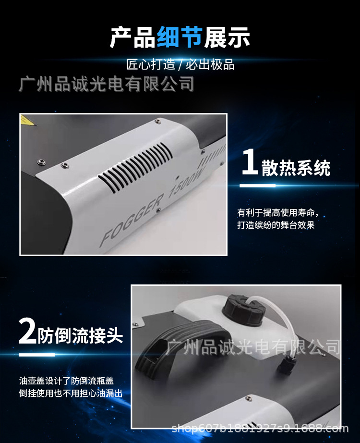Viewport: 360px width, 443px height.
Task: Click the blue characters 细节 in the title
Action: (x=180, y=37)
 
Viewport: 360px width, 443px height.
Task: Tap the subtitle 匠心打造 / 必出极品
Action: (x=180, y=65)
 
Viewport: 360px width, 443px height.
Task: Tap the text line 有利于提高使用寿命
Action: (x=277, y=213)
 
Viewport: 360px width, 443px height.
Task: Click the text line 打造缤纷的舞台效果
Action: (x=276, y=225)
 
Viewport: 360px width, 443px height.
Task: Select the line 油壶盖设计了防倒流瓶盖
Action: (x=66, y=381)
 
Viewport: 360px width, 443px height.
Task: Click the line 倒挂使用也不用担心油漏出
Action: (x=71, y=394)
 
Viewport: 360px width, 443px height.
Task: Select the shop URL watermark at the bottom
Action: (x=260, y=427)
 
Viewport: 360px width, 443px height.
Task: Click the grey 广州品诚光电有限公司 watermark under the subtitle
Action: (x=106, y=84)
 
